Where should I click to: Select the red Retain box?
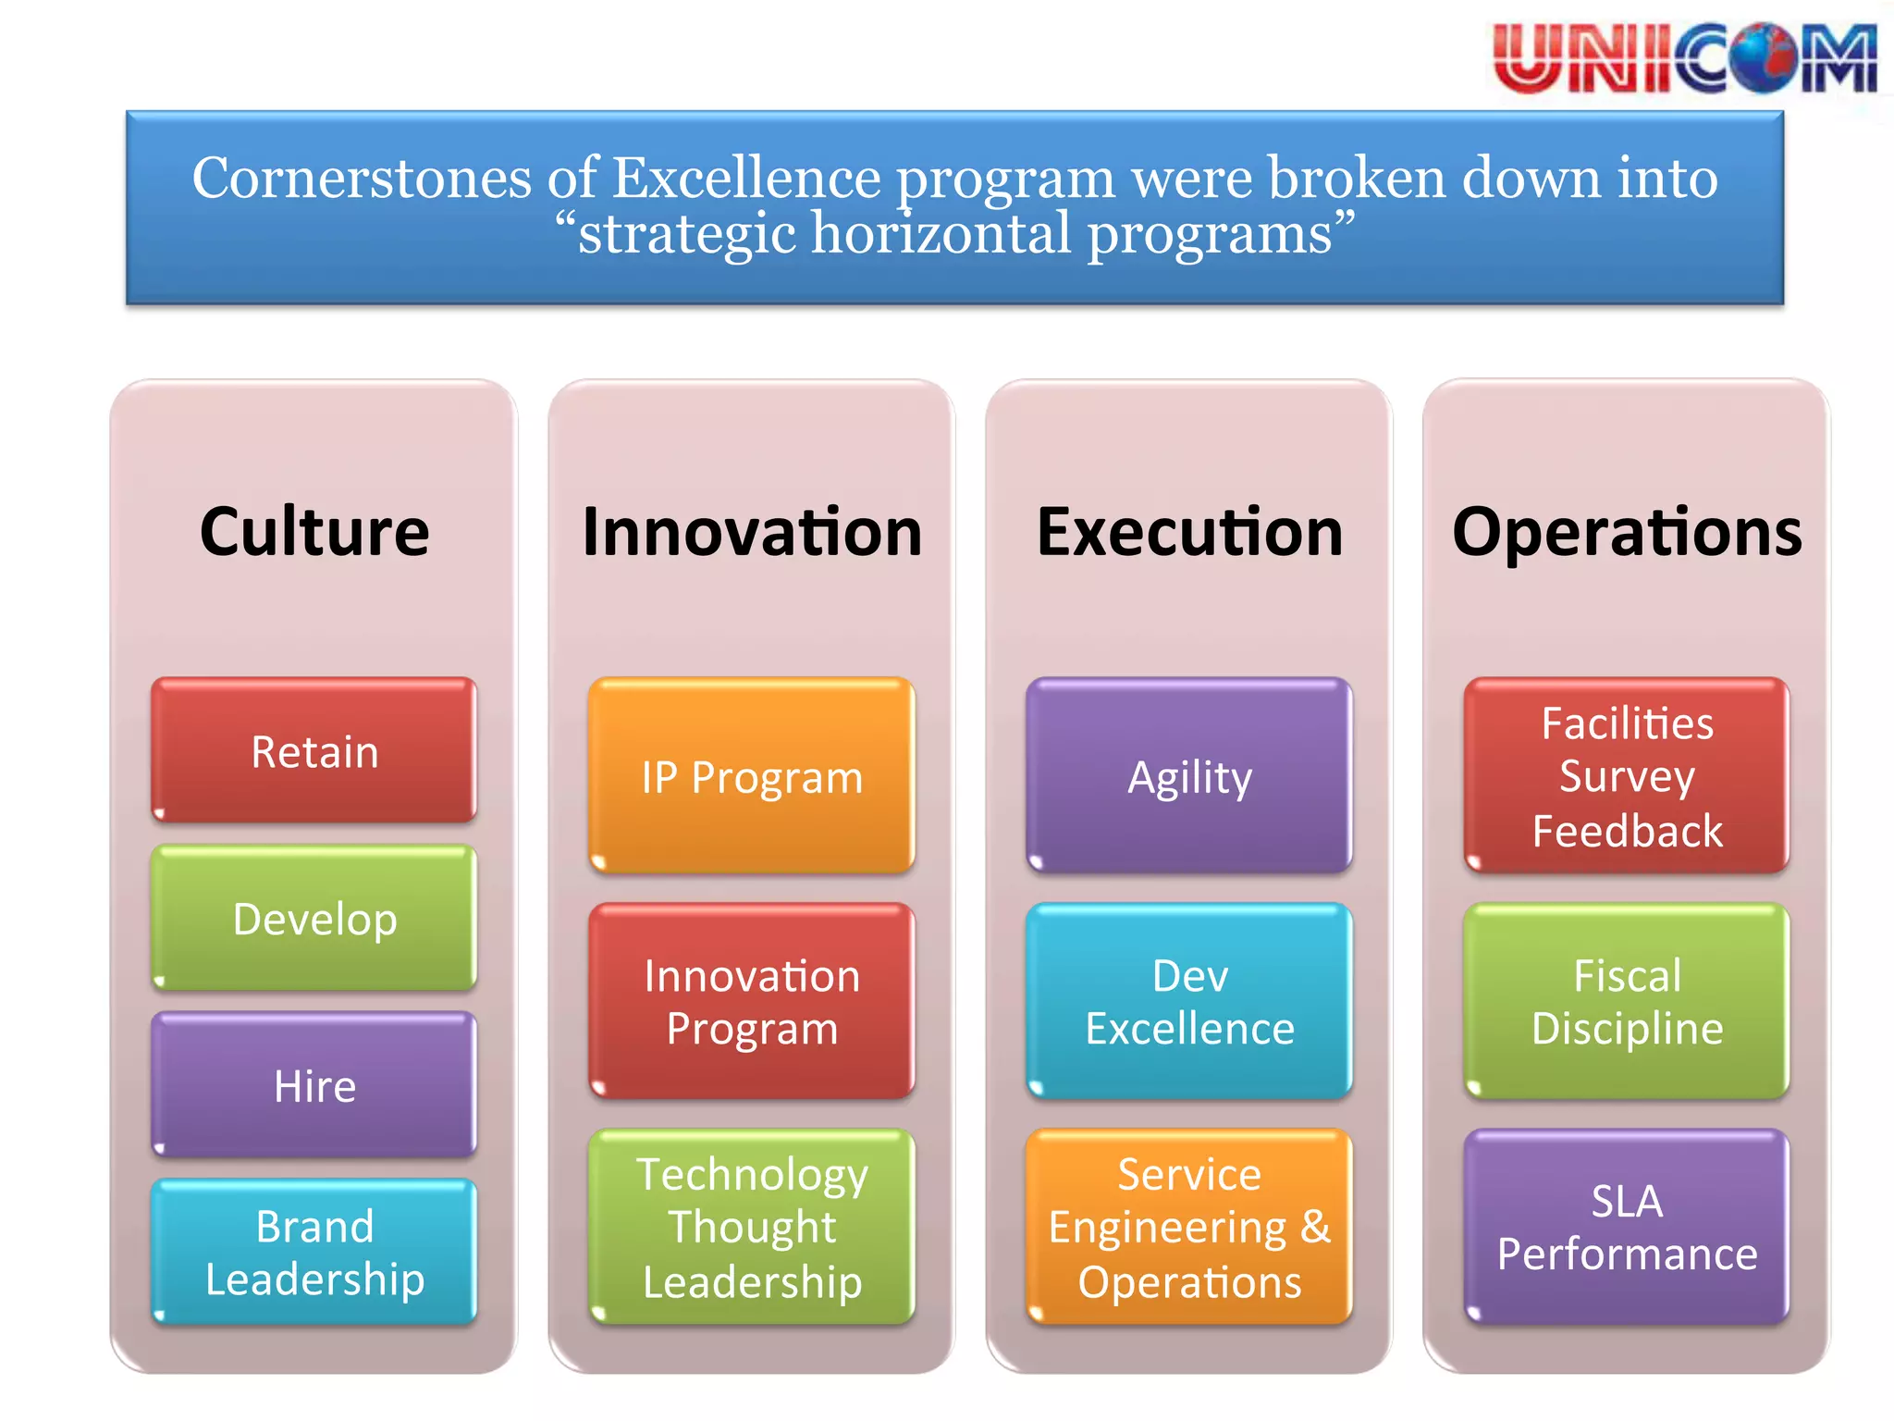(314, 750)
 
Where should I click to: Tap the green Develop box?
(314, 918)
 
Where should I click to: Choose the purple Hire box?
(314, 1084)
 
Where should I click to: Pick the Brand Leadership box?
(314, 1252)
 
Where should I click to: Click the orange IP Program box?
(752, 776)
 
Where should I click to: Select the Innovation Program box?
(752, 1001)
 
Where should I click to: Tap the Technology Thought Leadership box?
(752, 1227)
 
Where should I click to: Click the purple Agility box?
(1189, 776)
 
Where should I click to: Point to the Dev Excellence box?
(1189, 1001)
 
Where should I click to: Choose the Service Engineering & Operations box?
(1189, 1227)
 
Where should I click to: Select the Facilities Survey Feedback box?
(1627, 776)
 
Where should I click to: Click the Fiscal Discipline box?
(1627, 1001)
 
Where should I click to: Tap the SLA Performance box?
(1627, 1227)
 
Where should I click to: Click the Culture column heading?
(314, 532)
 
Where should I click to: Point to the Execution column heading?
(1189, 532)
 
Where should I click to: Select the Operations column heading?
(1627, 532)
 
